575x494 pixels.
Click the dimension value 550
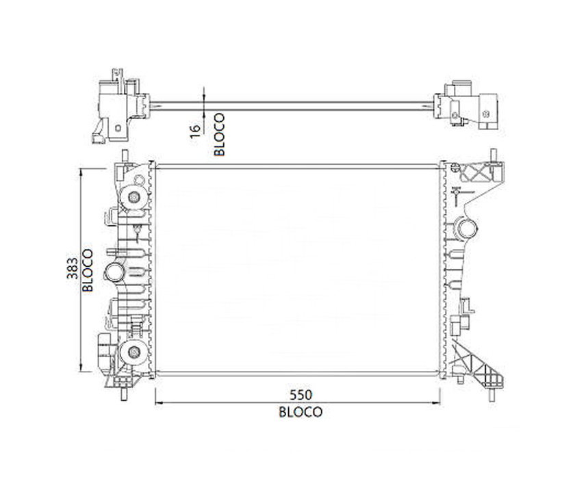pos(301,395)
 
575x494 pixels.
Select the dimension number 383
pos(73,268)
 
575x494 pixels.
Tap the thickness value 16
pos(196,131)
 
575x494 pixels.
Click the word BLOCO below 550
pos(301,412)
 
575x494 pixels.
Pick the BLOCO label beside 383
pos(88,270)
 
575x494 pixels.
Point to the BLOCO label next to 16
pos(219,135)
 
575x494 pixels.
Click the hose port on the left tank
pos(114,272)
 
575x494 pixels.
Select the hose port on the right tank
pos(466,229)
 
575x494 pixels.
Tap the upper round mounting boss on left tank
pos(133,198)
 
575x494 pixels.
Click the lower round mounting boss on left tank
pos(133,352)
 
